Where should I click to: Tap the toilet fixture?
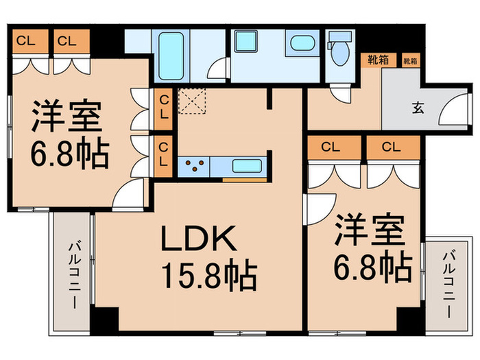337,52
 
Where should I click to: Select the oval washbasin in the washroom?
300,43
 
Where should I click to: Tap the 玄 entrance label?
418,107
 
